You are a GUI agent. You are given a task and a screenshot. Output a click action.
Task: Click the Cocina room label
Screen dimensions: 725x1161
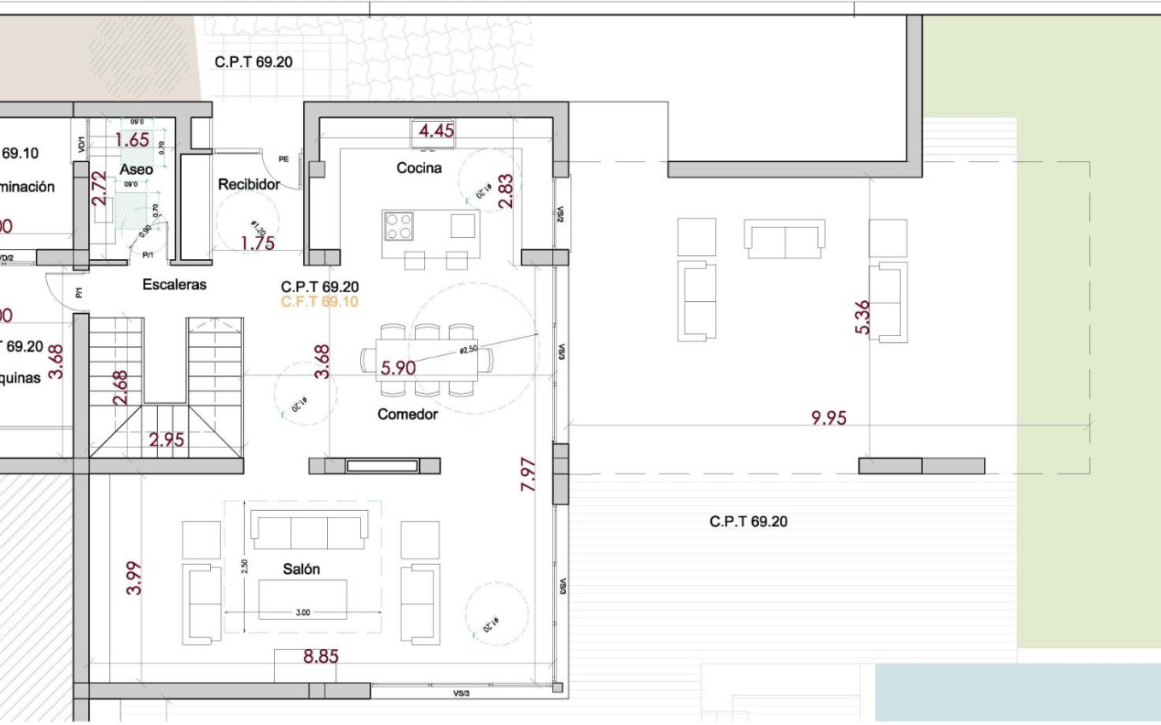click(419, 168)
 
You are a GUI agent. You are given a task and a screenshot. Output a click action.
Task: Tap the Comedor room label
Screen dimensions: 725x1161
click(407, 415)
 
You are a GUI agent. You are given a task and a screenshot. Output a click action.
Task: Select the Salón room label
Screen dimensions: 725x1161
click(301, 569)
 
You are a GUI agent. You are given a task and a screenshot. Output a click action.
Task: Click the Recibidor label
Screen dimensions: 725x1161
click(249, 184)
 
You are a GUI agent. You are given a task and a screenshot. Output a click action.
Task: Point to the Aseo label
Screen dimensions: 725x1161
click(137, 170)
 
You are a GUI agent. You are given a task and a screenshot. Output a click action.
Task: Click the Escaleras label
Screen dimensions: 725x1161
click(174, 285)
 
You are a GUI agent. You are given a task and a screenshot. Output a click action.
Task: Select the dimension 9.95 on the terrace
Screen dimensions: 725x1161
click(829, 418)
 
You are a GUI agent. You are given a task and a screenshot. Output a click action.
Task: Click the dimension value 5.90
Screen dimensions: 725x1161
click(398, 368)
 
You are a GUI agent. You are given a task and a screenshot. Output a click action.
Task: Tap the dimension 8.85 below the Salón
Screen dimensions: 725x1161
click(321, 657)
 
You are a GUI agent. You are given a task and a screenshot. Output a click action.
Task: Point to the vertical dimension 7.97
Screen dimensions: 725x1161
click(528, 475)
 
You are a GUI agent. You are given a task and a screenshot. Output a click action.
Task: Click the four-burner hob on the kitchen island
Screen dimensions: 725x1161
click(398, 226)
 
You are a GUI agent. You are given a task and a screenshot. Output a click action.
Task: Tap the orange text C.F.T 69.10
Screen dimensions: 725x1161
click(319, 302)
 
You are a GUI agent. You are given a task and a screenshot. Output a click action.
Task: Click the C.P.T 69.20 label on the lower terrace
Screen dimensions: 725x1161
click(748, 521)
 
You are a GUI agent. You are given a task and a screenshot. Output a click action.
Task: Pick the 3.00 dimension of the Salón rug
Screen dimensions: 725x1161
click(302, 612)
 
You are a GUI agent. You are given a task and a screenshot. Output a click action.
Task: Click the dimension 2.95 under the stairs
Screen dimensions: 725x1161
click(166, 440)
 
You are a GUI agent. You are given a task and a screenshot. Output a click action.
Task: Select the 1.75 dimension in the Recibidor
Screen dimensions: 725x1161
click(258, 243)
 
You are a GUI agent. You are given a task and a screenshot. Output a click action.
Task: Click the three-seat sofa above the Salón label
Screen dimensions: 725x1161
click(310, 530)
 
